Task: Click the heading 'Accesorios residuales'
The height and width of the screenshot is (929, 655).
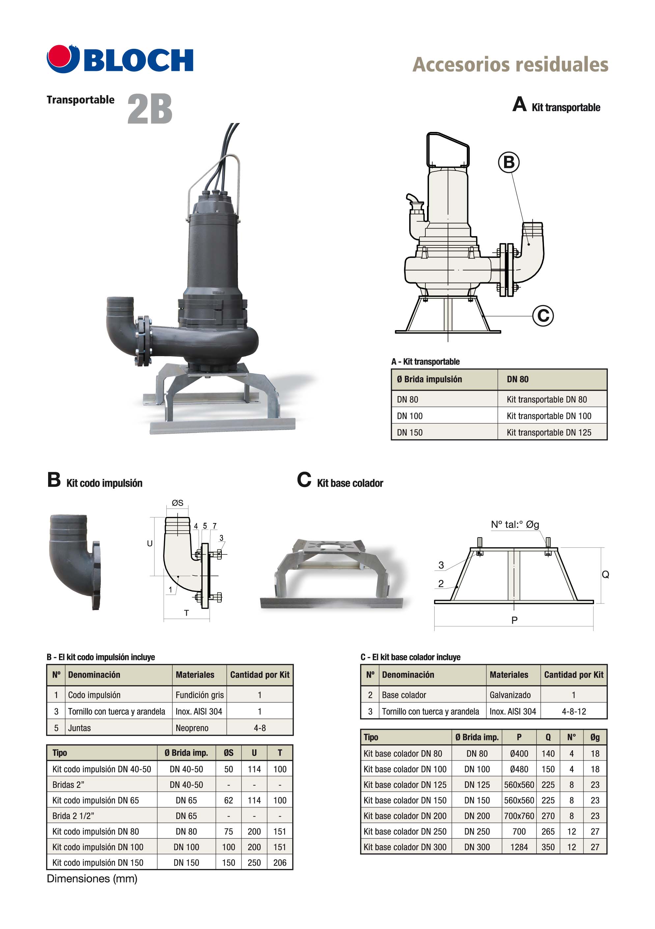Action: pyautogui.click(x=510, y=65)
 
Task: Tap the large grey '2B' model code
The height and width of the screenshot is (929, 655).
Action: pyautogui.click(x=150, y=109)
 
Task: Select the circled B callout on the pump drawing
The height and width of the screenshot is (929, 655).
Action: pyautogui.click(x=509, y=162)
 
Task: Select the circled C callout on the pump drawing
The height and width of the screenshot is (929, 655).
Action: pyautogui.click(x=543, y=316)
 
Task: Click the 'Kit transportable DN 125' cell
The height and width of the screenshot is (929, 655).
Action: pyautogui.click(x=549, y=433)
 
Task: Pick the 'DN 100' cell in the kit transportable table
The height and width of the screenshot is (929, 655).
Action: pyautogui.click(x=410, y=416)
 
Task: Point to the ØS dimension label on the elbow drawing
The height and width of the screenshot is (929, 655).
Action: pyautogui.click(x=178, y=503)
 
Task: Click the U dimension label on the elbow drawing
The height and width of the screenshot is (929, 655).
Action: pyautogui.click(x=150, y=543)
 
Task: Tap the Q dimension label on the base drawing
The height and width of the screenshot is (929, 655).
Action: pyautogui.click(x=605, y=574)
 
